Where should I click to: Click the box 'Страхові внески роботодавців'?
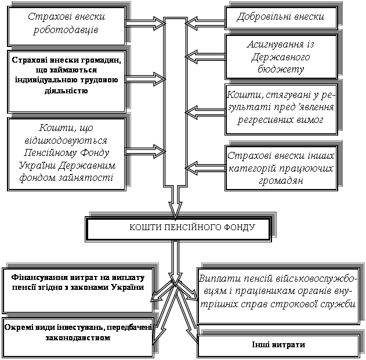[67, 25]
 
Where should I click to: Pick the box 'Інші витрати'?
[278, 345]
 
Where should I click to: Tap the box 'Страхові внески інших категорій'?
[281, 168]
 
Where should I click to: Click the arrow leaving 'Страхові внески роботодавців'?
[145, 24]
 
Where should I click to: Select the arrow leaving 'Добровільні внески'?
[203, 19]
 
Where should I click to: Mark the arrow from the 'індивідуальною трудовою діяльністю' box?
[145, 78]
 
